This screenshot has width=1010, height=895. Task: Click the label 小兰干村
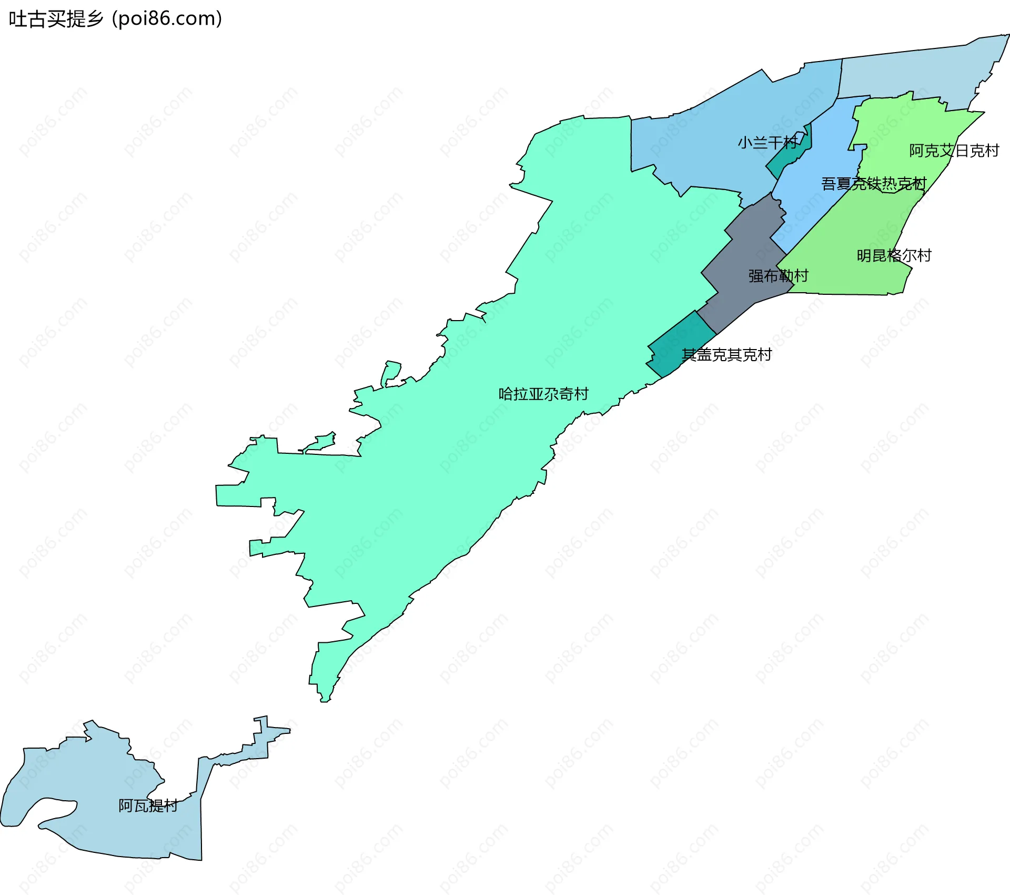(x=767, y=143)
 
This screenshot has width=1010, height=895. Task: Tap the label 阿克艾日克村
(x=954, y=151)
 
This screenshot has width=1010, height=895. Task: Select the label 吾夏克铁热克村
(x=873, y=184)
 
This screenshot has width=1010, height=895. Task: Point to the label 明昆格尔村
(x=894, y=256)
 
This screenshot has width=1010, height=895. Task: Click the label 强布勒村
(x=778, y=276)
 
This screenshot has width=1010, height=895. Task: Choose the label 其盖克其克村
(x=726, y=355)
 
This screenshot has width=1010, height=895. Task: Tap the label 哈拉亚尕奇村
(x=543, y=394)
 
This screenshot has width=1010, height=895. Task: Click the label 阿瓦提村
(x=148, y=805)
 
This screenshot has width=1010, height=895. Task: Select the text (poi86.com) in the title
(x=167, y=19)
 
